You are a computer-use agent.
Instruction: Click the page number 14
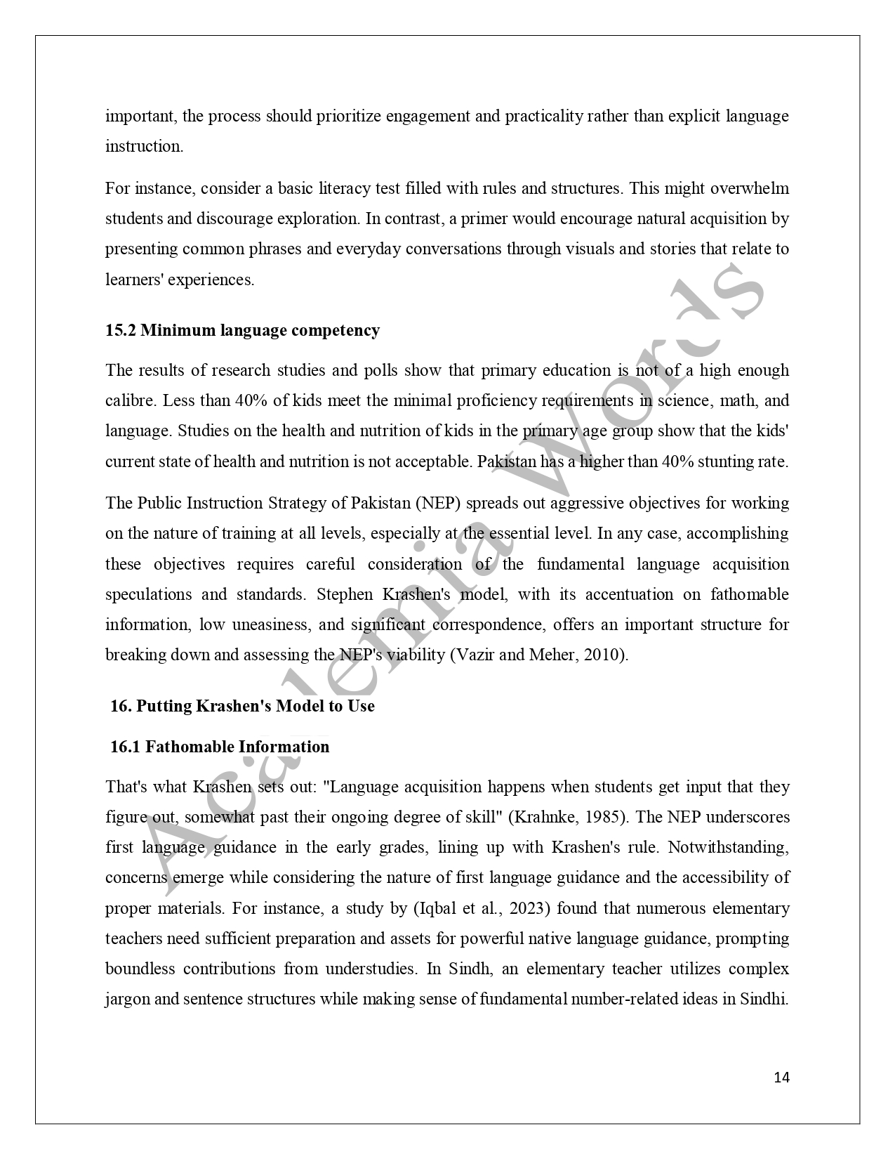(x=781, y=1078)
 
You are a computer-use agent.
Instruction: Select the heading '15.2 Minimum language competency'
(x=242, y=330)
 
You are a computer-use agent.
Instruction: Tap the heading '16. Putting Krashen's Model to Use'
(x=242, y=706)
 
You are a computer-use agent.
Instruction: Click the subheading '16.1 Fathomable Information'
(x=220, y=747)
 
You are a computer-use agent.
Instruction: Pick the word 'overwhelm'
(x=750, y=188)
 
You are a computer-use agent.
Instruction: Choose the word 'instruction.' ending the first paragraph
(x=144, y=146)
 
